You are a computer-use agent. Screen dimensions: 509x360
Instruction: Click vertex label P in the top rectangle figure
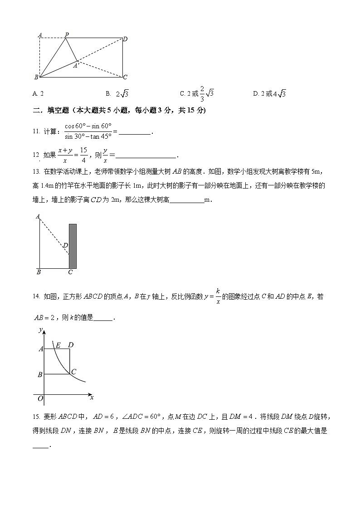[67, 34]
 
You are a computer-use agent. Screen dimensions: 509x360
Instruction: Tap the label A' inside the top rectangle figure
[76, 66]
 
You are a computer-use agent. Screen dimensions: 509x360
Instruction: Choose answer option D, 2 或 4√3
[269, 94]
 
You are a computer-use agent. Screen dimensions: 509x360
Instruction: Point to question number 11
[36, 131]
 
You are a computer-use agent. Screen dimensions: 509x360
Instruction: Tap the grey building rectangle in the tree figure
[73, 246]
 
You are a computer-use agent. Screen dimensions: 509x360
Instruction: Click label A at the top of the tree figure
[38, 217]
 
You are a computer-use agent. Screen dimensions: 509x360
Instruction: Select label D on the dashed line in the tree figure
[65, 245]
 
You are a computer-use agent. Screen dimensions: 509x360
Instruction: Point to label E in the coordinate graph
[58, 345]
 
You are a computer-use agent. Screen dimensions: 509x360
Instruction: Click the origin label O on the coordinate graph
[40, 398]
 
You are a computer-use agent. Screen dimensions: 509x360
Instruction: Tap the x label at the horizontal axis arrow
[92, 398]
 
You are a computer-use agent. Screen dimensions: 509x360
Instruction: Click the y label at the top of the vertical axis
[40, 329]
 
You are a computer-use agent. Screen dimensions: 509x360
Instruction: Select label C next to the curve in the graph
[73, 372]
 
